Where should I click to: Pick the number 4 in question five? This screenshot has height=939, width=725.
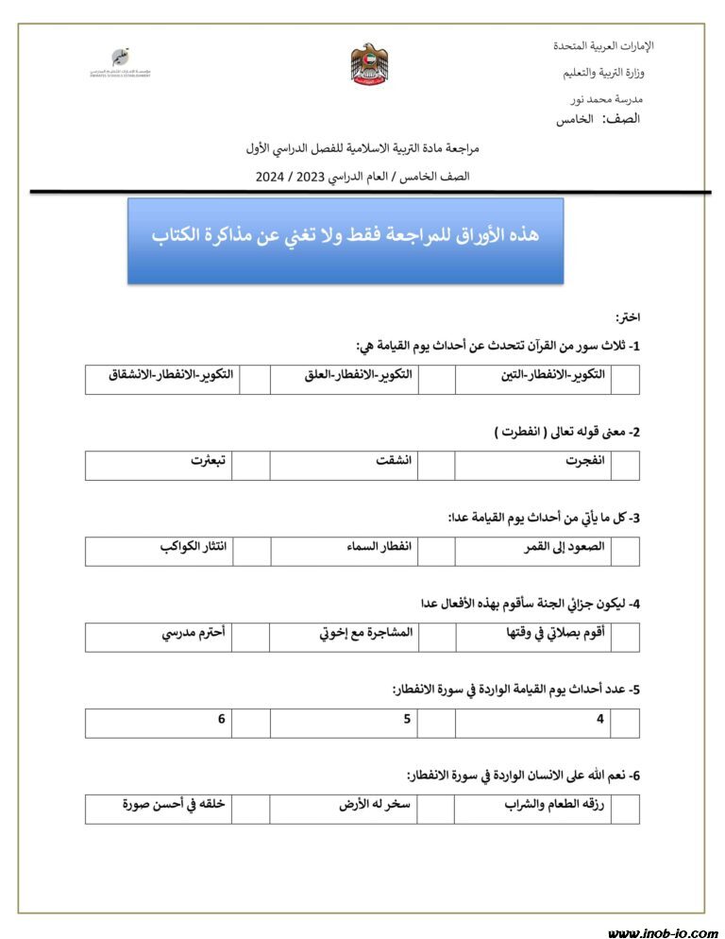click(599, 720)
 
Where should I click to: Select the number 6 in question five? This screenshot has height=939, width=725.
click(221, 720)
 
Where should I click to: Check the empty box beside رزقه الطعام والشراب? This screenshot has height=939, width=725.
click(625, 809)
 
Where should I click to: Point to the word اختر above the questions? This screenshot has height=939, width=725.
click(628, 317)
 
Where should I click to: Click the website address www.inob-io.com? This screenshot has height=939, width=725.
click(662, 932)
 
